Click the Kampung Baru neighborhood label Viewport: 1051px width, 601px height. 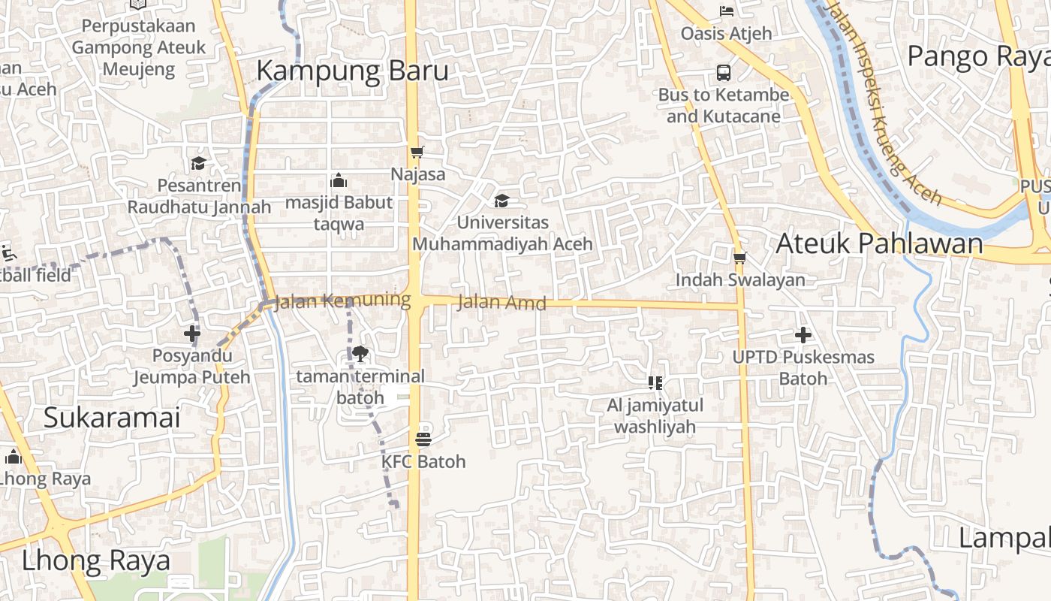(x=352, y=71)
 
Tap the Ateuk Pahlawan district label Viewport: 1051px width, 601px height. (x=879, y=243)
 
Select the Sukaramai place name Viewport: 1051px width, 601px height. (x=112, y=418)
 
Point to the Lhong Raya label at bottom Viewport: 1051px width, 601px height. (x=95, y=560)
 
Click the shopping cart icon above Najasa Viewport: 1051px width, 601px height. (x=417, y=152)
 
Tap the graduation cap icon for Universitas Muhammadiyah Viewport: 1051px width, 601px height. (x=501, y=201)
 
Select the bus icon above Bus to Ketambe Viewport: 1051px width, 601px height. (x=724, y=73)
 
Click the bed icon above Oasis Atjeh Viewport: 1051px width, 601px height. (x=726, y=11)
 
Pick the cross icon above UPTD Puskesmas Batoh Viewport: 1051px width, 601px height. (x=803, y=334)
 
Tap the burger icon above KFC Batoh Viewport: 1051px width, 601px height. (x=423, y=439)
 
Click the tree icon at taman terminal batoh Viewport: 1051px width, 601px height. (x=360, y=353)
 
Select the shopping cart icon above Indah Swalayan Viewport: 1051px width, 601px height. (x=740, y=258)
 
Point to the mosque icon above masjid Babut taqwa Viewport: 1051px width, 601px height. (x=339, y=180)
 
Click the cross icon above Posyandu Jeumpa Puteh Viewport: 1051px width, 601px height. (x=192, y=333)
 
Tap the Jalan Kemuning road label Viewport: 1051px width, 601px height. (x=342, y=301)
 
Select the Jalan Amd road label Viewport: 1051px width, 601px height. (x=501, y=303)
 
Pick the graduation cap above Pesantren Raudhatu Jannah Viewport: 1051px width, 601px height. (x=198, y=163)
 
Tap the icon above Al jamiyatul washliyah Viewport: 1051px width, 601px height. (x=655, y=383)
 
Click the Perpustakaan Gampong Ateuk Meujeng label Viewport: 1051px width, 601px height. (x=138, y=47)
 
